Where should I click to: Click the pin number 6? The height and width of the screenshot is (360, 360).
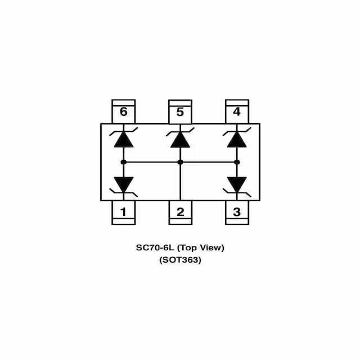124,112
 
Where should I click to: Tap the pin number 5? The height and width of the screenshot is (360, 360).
180,112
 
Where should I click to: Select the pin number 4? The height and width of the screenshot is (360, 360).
237,112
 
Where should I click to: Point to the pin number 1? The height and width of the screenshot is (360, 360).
124,212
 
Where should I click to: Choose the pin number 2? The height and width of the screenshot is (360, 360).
180,212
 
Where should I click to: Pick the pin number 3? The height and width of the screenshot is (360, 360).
237,212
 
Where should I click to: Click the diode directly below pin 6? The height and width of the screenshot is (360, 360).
124,138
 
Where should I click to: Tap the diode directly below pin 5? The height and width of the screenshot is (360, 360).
180,138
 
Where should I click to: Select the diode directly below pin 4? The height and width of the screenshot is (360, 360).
237,138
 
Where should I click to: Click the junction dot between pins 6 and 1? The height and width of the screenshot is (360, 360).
124,162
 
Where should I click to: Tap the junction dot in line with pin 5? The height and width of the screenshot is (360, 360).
180,162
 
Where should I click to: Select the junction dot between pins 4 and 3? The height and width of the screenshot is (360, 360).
237,162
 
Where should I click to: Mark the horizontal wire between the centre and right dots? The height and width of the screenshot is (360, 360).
208,162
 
